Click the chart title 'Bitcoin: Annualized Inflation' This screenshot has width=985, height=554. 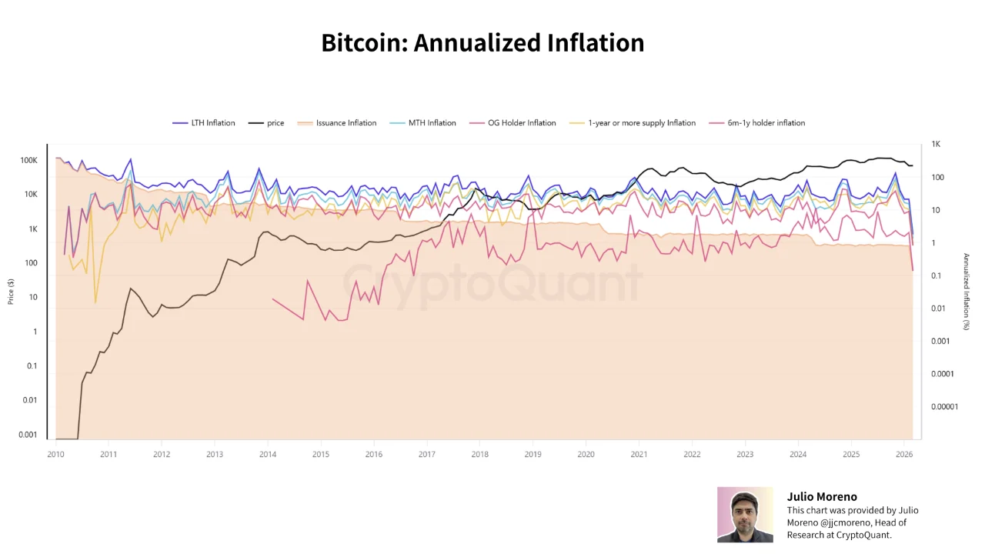tap(482, 43)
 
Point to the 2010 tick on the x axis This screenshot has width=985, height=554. tap(55, 455)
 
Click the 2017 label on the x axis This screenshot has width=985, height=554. tap(427, 455)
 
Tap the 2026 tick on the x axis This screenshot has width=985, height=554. tap(904, 455)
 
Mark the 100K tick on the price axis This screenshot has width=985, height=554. tap(28, 161)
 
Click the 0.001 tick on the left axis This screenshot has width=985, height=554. tap(28, 435)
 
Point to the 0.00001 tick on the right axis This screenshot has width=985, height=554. tap(944, 406)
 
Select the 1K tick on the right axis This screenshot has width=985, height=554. tap(936, 144)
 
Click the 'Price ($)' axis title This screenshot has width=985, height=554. tap(11, 292)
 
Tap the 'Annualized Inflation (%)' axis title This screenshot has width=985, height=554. tap(967, 292)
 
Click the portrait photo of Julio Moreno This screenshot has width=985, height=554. tap(745, 515)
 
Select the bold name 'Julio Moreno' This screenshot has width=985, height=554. tap(821, 497)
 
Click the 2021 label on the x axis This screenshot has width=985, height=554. tap(639, 455)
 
